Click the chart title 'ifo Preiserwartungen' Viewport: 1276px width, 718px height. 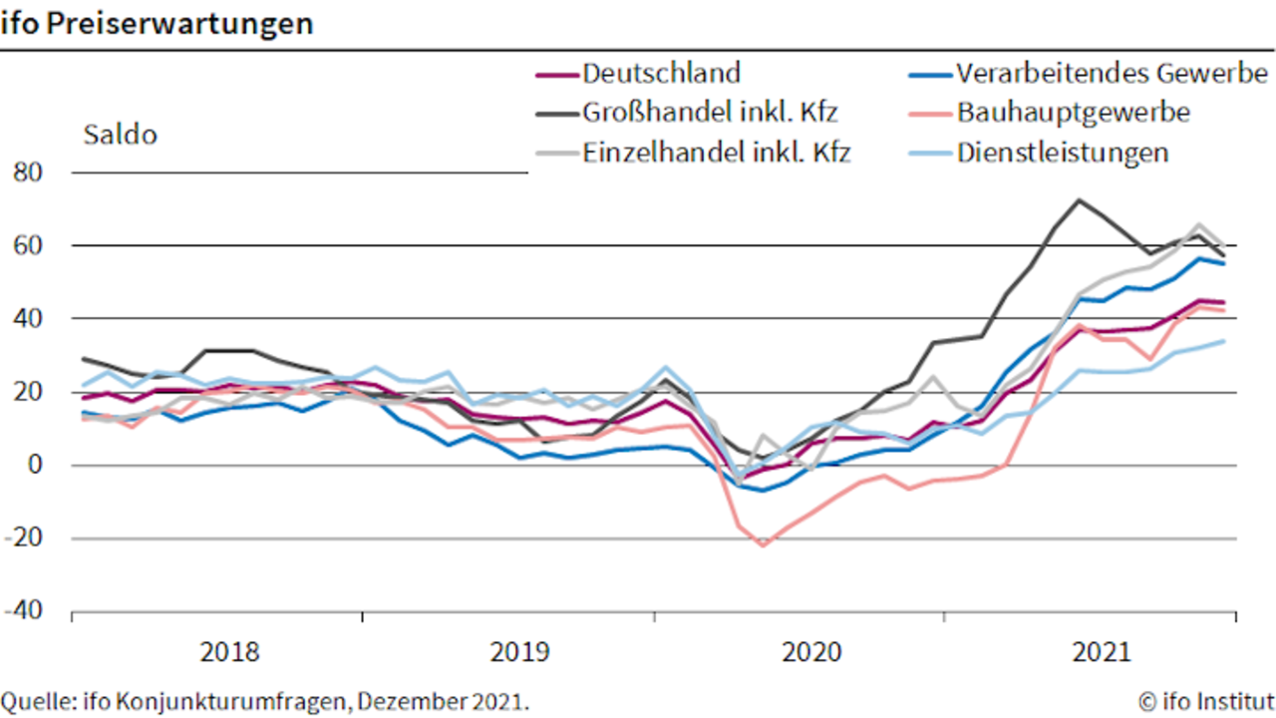point(157,24)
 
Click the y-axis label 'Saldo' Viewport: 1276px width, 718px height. point(121,135)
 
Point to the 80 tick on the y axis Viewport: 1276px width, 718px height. point(27,173)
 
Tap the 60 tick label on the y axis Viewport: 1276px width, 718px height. point(27,245)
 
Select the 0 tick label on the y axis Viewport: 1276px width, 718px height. point(35,465)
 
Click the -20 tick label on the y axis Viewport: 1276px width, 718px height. point(23,538)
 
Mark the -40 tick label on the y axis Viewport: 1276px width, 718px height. point(23,610)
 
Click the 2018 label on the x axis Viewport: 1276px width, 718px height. point(229,652)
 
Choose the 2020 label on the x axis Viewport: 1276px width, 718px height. point(811,652)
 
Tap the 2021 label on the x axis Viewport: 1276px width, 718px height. point(1102,652)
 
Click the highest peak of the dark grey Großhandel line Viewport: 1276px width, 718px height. point(1079,200)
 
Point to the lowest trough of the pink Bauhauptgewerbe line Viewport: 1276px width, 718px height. point(764,545)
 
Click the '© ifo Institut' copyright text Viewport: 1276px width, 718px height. point(1206,701)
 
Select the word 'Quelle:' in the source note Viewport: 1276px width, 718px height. point(39,701)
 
